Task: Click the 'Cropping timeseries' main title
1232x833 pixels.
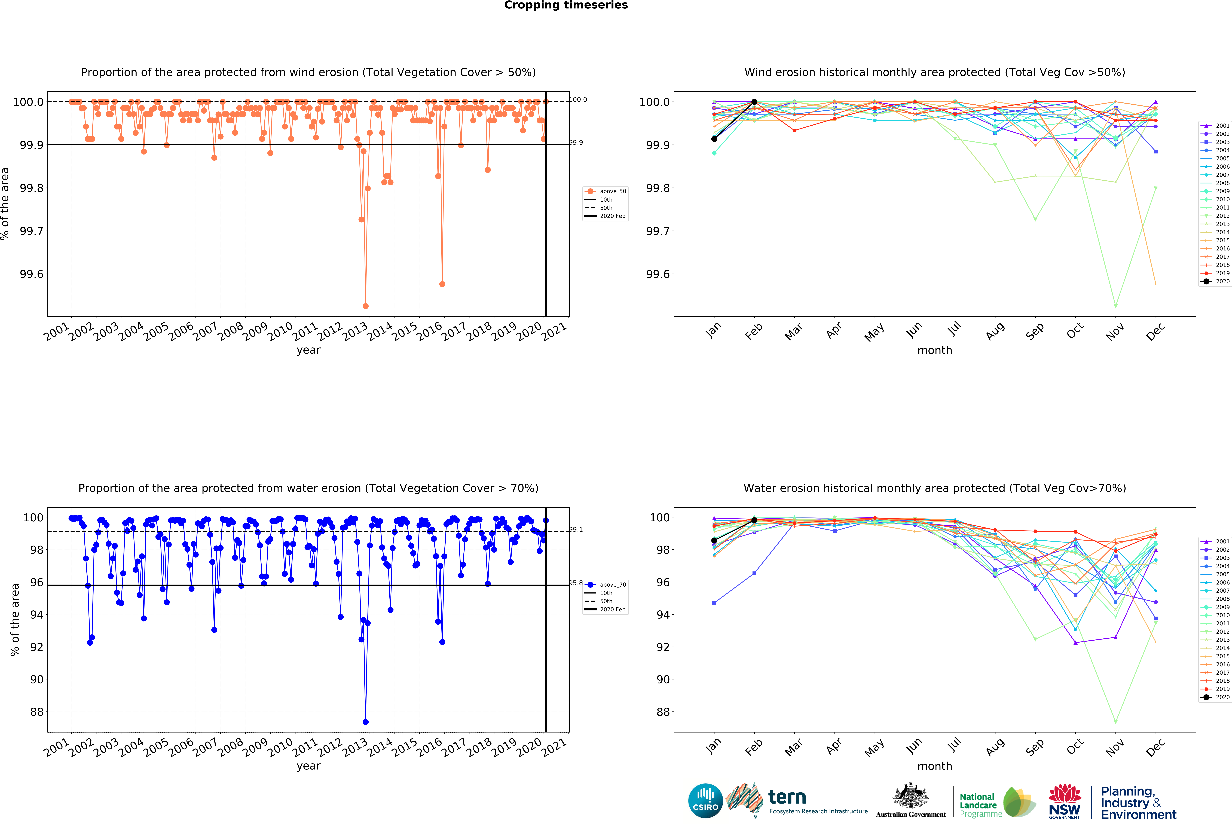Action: pos(566,5)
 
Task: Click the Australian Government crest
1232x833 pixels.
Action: pos(910,795)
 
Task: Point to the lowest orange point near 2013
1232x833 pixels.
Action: pos(365,306)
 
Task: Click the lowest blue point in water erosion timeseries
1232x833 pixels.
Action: pos(365,722)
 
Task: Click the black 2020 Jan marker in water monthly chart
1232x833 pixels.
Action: pos(714,540)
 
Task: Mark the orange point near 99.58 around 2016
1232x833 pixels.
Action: pos(442,284)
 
